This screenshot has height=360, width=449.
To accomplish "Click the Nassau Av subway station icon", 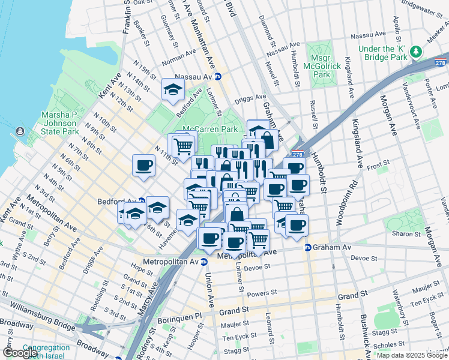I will tap(218, 77).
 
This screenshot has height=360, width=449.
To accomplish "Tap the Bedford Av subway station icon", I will tap(141, 202).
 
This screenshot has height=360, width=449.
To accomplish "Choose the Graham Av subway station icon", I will tap(308, 247).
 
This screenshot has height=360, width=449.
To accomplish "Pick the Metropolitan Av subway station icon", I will tap(203, 262).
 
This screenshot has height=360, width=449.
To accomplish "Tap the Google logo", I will tap(20, 352).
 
